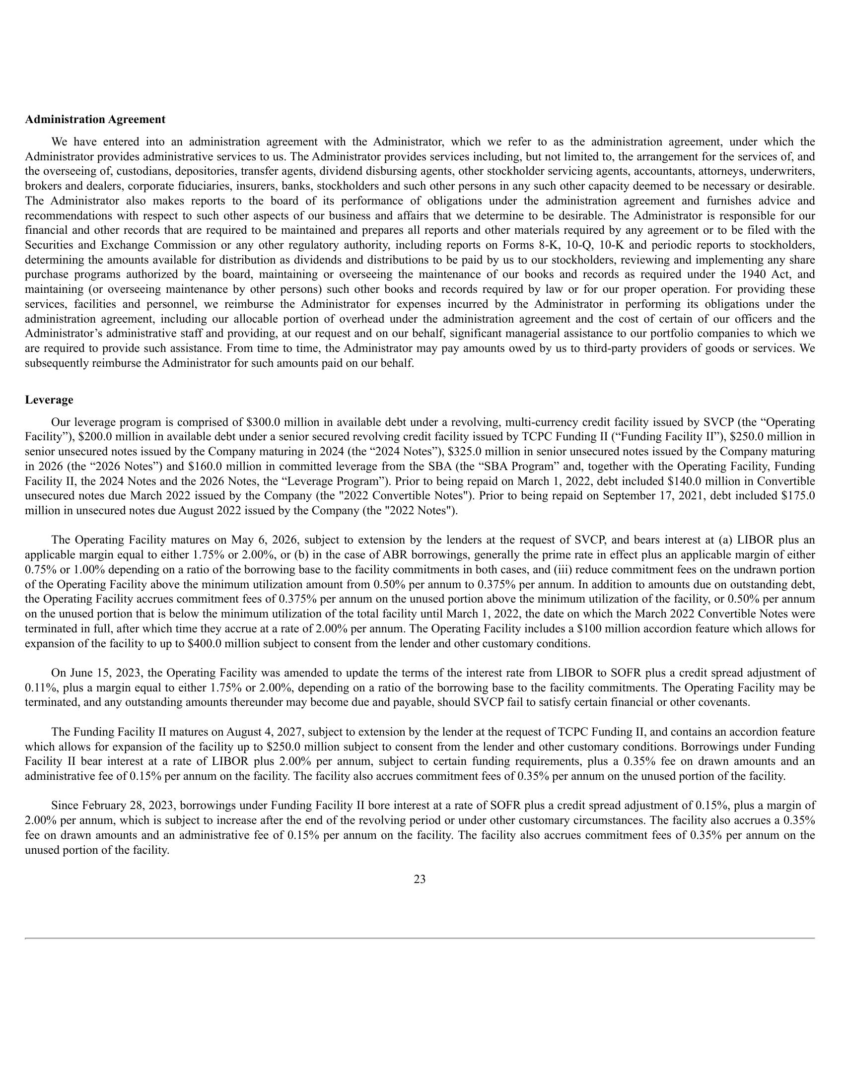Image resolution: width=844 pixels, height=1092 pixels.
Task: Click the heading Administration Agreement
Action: click(95, 120)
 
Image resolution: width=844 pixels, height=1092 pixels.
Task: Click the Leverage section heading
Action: click(49, 400)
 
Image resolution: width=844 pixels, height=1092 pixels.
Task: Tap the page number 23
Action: click(420, 879)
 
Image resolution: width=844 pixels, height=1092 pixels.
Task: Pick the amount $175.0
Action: click(799, 496)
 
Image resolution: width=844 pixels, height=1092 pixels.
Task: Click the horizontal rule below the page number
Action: click(420, 938)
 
